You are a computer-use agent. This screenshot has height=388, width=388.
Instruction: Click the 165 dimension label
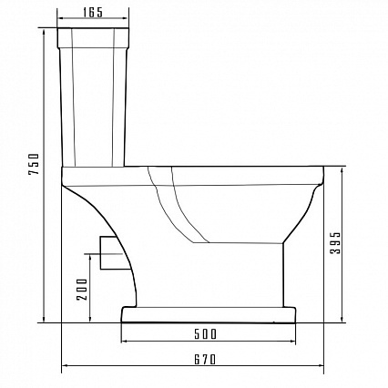click(x=93, y=13)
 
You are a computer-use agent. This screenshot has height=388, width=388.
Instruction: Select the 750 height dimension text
click(x=34, y=164)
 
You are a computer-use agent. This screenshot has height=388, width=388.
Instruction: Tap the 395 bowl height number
click(x=336, y=242)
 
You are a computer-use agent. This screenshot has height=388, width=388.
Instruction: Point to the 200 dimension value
click(x=82, y=289)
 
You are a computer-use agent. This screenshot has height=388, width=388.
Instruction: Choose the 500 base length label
click(x=206, y=334)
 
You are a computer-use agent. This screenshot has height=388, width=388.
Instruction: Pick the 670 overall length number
click(x=205, y=360)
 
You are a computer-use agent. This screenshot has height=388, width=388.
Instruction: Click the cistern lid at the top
click(x=93, y=38)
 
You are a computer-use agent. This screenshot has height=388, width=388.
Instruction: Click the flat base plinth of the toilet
click(x=209, y=314)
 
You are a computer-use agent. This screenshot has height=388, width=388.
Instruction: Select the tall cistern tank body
click(x=93, y=107)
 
